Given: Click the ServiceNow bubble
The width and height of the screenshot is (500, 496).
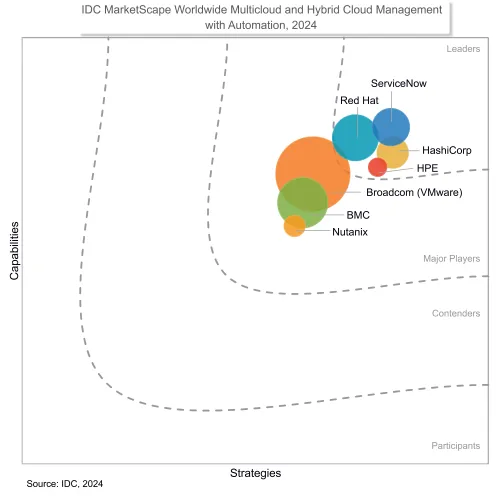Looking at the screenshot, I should pyautogui.click(x=391, y=127).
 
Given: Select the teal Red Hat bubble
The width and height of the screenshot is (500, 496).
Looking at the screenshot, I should pyautogui.click(x=355, y=137).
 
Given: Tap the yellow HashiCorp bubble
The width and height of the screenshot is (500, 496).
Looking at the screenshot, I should pyautogui.click(x=393, y=154).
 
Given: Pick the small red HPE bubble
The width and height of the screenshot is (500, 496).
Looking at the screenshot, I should pyautogui.click(x=377, y=167).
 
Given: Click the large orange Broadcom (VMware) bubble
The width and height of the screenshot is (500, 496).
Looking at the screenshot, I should pyautogui.click(x=313, y=173).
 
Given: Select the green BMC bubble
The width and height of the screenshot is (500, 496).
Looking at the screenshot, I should pyautogui.click(x=301, y=203).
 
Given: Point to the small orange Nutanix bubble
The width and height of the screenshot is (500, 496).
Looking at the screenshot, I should pyautogui.click(x=294, y=226).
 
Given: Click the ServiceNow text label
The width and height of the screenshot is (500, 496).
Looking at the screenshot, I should pyautogui.click(x=399, y=84).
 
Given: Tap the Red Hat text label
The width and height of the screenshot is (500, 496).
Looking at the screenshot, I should pyautogui.click(x=358, y=100).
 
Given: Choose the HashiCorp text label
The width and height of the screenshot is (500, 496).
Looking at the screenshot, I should pyautogui.click(x=447, y=150).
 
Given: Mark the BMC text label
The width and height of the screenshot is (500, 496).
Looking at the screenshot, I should pyautogui.click(x=358, y=215).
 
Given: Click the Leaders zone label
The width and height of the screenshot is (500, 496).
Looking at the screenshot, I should pyautogui.click(x=462, y=48).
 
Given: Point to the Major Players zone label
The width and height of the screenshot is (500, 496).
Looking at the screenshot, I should pyautogui.click(x=451, y=259).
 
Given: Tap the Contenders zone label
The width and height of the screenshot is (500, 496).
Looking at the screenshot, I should pyautogui.click(x=455, y=314).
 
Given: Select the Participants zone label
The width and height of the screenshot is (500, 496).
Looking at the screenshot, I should pyautogui.click(x=455, y=445).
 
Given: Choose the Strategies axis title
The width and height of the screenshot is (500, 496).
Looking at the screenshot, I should pyautogui.click(x=255, y=472).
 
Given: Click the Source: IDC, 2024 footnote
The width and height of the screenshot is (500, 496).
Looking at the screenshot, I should pyautogui.click(x=65, y=484).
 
